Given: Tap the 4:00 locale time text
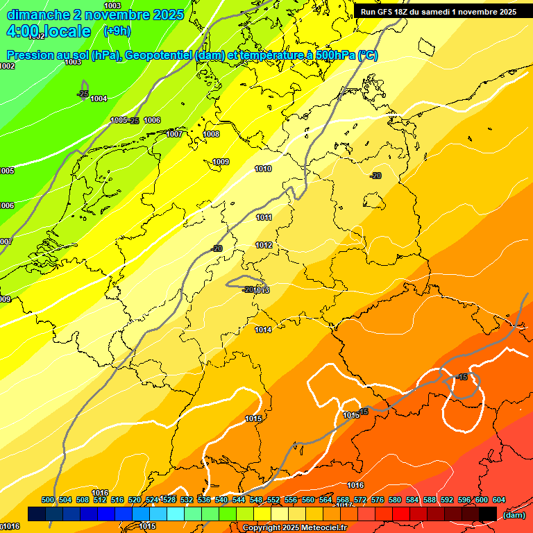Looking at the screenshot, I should point(49,31).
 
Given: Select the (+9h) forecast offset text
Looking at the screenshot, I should point(117,31).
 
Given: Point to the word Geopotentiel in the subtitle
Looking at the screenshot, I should point(158,56).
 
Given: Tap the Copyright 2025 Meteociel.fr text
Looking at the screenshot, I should point(294,528).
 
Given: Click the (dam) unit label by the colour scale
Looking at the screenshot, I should point(514,514).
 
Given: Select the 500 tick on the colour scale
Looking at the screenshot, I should point(48,500).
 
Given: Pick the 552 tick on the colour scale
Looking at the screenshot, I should point(273,500).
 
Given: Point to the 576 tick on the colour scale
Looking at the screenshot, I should point(378,500).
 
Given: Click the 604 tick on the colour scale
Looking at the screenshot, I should point(499,500).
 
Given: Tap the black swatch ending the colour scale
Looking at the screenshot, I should point(488,514).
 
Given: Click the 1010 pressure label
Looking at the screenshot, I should point(263,169).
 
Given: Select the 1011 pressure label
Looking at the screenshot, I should point(264,217).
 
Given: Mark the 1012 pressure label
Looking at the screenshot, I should point(264,245).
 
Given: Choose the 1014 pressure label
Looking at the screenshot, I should point(263,330).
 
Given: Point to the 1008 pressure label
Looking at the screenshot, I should point(211,134).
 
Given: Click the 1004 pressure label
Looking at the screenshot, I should point(99,99).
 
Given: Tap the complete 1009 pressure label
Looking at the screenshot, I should point(221,162).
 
